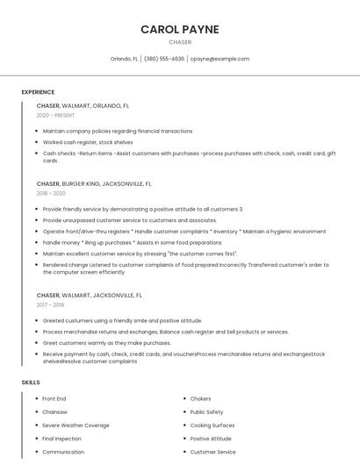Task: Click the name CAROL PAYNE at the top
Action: [180, 29]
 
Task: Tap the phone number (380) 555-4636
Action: [164, 59]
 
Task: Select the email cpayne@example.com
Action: [220, 59]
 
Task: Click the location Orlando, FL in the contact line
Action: [124, 59]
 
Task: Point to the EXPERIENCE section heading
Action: [38, 92]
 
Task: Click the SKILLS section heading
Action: [31, 383]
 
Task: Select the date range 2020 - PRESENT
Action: [55, 115]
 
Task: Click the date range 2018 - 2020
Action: [51, 193]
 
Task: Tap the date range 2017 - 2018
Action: [50, 304]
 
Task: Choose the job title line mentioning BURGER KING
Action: [94, 184]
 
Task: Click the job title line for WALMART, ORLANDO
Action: [83, 105]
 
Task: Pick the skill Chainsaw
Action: [54, 411]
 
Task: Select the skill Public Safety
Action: [206, 411]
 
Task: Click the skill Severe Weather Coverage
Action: [76, 425]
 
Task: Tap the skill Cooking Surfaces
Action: [212, 425]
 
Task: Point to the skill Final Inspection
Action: [61, 438]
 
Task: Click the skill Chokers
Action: [200, 398]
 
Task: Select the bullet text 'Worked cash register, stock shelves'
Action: [88, 141]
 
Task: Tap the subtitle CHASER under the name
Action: [180, 42]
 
